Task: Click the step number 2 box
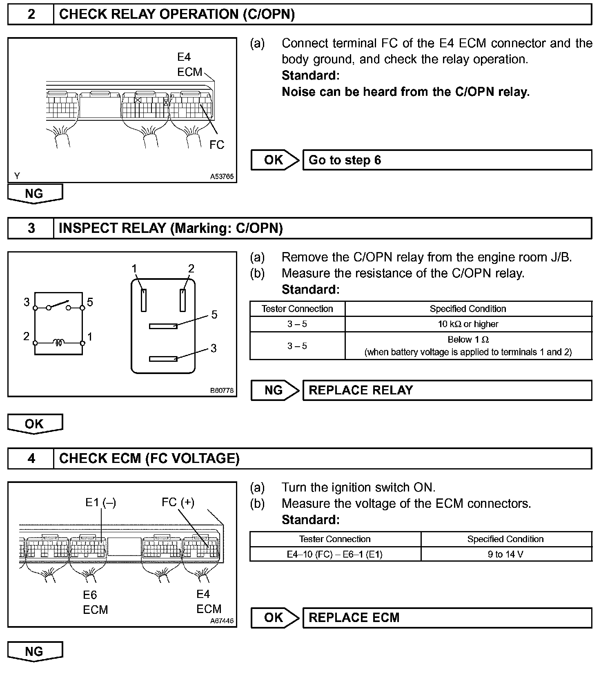(x=31, y=15)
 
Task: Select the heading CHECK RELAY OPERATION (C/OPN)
(x=177, y=15)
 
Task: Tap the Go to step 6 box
(x=447, y=160)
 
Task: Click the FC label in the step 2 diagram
(x=217, y=145)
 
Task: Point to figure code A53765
(x=222, y=177)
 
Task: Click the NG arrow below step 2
(x=35, y=193)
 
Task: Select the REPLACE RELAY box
(x=447, y=390)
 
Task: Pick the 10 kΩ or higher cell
(x=468, y=324)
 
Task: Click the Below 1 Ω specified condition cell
(x=468, y=345)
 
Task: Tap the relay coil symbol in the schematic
(x=59, y=343)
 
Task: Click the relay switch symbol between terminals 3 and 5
(x=59, y=305)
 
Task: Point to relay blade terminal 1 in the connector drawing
(x=143, y=300)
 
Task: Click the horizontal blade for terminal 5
(x=163, y=326)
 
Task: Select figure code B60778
(x=222, y=390)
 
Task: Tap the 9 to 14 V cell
(x=505, y=554)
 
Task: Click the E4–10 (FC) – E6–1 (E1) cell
(x=335, y=554)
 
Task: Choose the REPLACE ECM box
(x=447, y=618)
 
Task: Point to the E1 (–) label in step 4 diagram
(x=100, y=503)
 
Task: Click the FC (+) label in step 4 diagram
(x=178, y=502)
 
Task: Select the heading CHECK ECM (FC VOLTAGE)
(x=149, y=458)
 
